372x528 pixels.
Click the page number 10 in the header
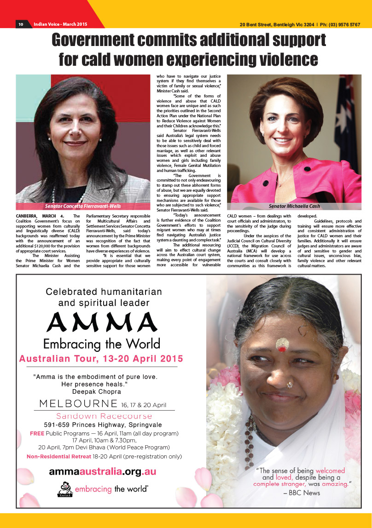pos(21,24)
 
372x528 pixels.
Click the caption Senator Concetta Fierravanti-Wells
pos(83,207)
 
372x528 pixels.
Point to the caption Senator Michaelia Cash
pos(294,206)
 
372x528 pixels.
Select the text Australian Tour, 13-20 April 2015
pos(101,358)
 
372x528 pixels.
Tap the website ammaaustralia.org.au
pos(102,471)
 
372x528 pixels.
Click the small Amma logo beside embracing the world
pos(64,489)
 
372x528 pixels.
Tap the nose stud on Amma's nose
pos(289,385)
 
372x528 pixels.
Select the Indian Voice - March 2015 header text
pos(60,24)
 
